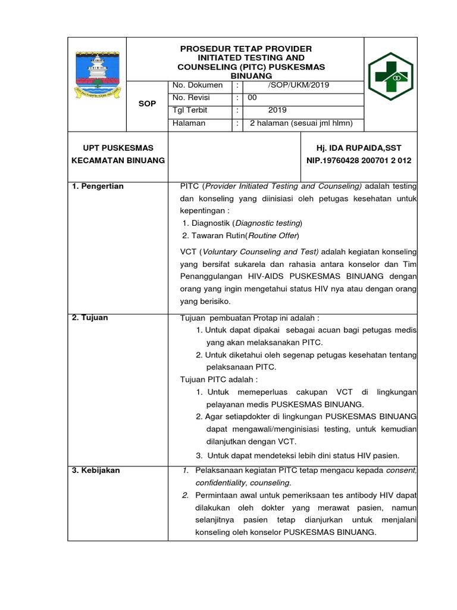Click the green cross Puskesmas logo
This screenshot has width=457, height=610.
[x=390, y=78]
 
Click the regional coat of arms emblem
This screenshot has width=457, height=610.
[x=98, y=74]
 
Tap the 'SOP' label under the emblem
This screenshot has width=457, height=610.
[x=147, y=104]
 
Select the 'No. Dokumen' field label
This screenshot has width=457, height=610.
[x=197, y=85]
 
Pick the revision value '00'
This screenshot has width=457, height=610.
[x=252, y=98]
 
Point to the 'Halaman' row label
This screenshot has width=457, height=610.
[x=189, y=123]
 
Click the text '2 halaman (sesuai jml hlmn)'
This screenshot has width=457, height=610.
[x=301, y=123]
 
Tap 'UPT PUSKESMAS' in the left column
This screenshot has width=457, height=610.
[x=117, y=148]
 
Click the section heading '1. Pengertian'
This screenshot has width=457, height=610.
[x=98, y=186]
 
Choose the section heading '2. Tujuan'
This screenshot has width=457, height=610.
[x=90, y=318]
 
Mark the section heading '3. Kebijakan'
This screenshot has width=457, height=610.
[x=96, y=470]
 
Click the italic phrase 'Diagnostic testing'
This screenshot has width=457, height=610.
[x=268, y=223]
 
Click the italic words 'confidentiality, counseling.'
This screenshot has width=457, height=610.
[x=243, y=483]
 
